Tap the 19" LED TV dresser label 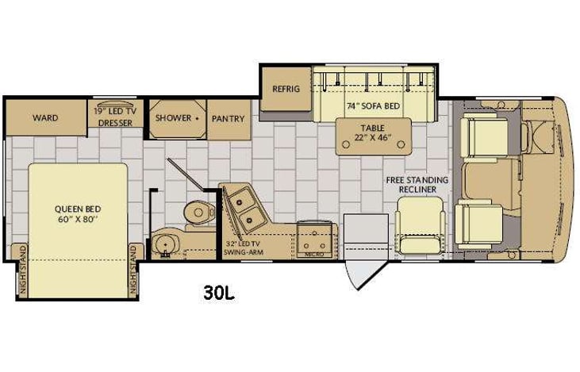pos(116,117)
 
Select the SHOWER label pos(173,117)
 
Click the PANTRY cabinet pos(228,118)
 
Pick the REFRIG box pos(286,88)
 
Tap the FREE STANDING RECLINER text pos(417,185)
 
